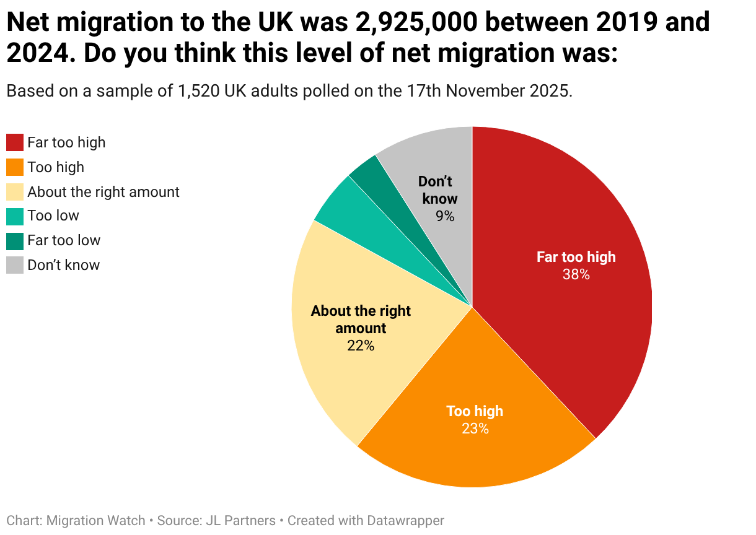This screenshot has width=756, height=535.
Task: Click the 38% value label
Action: point(576,274)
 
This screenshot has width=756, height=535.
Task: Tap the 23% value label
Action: point(475,428)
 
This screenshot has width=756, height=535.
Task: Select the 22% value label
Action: point(361,346)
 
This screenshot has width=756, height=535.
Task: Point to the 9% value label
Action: point(445,216)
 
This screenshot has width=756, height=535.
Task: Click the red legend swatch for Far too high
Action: point(15,142)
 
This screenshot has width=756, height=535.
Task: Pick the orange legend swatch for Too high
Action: point(15,167)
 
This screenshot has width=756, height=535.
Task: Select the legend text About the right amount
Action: point(103,192)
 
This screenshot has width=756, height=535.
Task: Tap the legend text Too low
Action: point(53,215)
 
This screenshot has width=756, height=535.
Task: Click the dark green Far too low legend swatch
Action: point(15,241)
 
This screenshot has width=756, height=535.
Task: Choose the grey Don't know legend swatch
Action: point(15,265)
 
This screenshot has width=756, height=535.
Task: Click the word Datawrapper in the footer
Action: point(406,521)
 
